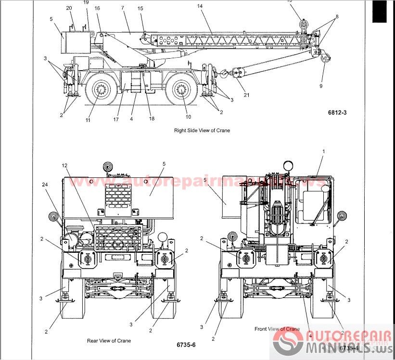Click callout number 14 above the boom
[200, 6]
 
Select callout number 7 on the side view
[122, 8]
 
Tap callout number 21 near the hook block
[246, 95]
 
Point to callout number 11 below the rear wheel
[88, 120]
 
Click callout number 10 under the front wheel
[188, 116]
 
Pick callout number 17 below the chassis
[116, 120]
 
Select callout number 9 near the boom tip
[320, 87]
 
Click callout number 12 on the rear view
[64, 165]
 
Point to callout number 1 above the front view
[323, 151]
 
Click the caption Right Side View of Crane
[202, 130]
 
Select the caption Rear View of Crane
[108, 340]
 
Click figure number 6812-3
[337, 112]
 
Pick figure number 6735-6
[186, 345]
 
